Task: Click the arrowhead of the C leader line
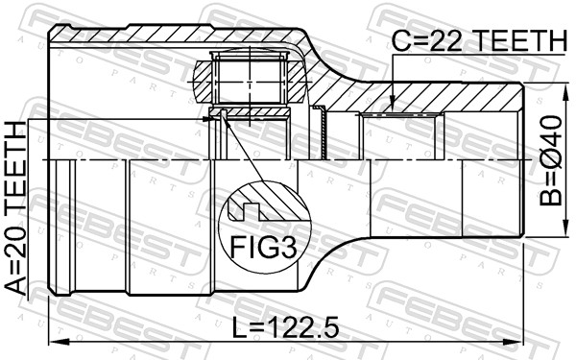tap(393, 107)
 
